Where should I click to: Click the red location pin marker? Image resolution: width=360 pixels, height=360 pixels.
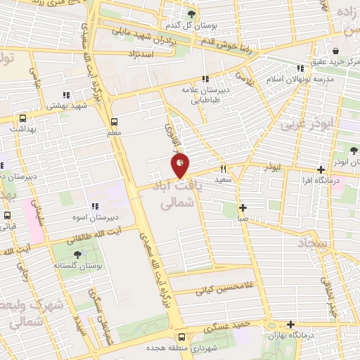tap(180, 166)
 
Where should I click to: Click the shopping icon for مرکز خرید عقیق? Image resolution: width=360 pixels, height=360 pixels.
tap(337, 51)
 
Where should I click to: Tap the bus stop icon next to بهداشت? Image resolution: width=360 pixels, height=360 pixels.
tap(23, 118)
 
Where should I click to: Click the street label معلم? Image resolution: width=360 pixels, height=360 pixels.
tap(114, 132)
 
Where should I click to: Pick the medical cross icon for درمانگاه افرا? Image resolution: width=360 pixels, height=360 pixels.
tap(321, 169)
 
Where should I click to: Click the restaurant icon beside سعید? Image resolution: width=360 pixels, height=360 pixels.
tap(224, 169)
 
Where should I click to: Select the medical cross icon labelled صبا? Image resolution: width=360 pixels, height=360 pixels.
tap(243, 207)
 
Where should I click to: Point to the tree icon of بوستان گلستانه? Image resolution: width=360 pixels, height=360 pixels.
tap(77, 255)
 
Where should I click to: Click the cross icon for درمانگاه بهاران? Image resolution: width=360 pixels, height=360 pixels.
tap(290, 324)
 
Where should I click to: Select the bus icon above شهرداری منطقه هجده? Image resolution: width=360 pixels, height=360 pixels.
tap(181, 337)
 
